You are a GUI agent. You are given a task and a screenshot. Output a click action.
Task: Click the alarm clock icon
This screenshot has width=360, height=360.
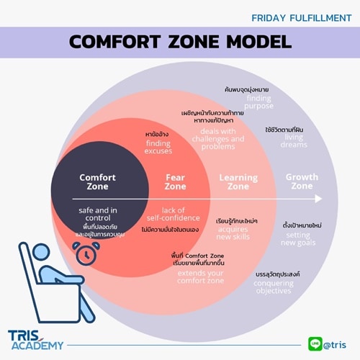86,252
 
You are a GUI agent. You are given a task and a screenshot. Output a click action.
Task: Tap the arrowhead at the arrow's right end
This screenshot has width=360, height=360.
319,198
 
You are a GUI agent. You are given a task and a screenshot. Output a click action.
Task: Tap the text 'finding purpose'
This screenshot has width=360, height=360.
258,102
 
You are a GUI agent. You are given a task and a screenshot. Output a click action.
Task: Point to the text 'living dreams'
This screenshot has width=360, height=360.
294,141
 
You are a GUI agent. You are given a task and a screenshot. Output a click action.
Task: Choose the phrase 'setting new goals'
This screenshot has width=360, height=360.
298,238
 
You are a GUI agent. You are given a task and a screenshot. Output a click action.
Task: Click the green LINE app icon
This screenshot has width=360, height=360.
314,343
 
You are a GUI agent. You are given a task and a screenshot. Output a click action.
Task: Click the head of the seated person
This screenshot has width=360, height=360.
48,274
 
